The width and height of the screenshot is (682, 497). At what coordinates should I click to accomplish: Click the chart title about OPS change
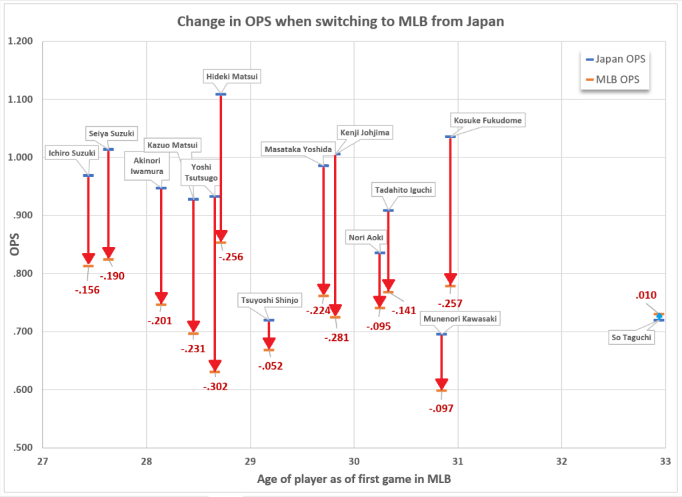pos(340,21)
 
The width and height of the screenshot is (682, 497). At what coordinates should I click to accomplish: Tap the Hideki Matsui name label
pos(231,77)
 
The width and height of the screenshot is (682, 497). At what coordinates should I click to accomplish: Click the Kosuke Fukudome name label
pos(488,121)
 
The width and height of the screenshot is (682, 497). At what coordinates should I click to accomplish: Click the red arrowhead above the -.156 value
pos(88,259)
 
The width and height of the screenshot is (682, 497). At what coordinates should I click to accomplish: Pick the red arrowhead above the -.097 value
pos(441,384)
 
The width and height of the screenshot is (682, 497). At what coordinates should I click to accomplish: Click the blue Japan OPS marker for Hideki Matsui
pos(221,94)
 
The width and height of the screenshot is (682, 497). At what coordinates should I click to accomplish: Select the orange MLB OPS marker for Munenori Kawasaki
pos(441,390)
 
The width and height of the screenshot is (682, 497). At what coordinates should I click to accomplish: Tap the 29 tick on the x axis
pos(250,461)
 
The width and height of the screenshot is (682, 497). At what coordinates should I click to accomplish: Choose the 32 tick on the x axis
pos(561,461)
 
